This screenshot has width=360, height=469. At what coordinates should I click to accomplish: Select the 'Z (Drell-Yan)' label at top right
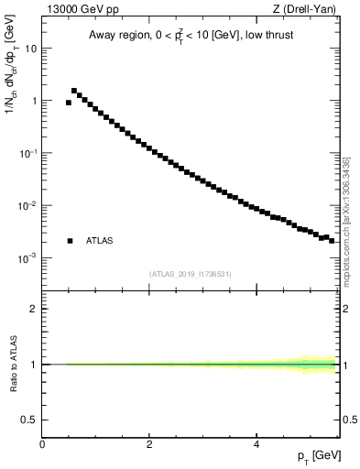coord(310,9)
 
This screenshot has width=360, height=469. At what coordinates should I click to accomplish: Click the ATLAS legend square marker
coord(70,241)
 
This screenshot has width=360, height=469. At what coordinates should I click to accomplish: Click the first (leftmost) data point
coord(69,103)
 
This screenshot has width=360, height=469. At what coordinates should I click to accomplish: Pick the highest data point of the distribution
coord(74,91)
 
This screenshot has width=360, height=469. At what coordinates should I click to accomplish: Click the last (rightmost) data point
coord(332,240)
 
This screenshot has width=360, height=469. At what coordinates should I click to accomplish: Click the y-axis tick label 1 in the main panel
coord(35,101)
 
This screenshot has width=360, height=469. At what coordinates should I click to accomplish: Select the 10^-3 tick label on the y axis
coord(28,258)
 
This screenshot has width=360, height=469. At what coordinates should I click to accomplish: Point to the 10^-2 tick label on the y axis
coord(28,206)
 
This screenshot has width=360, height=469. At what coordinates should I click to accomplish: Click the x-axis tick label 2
coord(149,443)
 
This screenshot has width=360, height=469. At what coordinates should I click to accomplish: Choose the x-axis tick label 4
coord(256,443)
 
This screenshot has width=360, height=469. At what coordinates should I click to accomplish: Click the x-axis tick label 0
coord(42,443)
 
